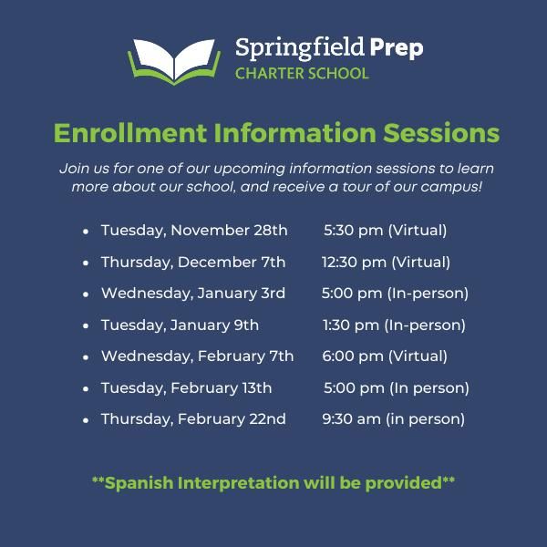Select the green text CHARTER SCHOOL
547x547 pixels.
click(x=302, y=73)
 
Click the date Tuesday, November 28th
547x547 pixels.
click(x=194, y=231)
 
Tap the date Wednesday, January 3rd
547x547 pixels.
click(x=193, y=294)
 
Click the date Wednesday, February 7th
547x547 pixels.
click(x=197, y=356)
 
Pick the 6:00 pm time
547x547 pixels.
click(x=353, y=356)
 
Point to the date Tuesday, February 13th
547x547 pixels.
click(x=186, y=387)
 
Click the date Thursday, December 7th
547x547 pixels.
click(x=193, y=262)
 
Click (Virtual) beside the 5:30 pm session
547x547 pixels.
click(x=418, y=231)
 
